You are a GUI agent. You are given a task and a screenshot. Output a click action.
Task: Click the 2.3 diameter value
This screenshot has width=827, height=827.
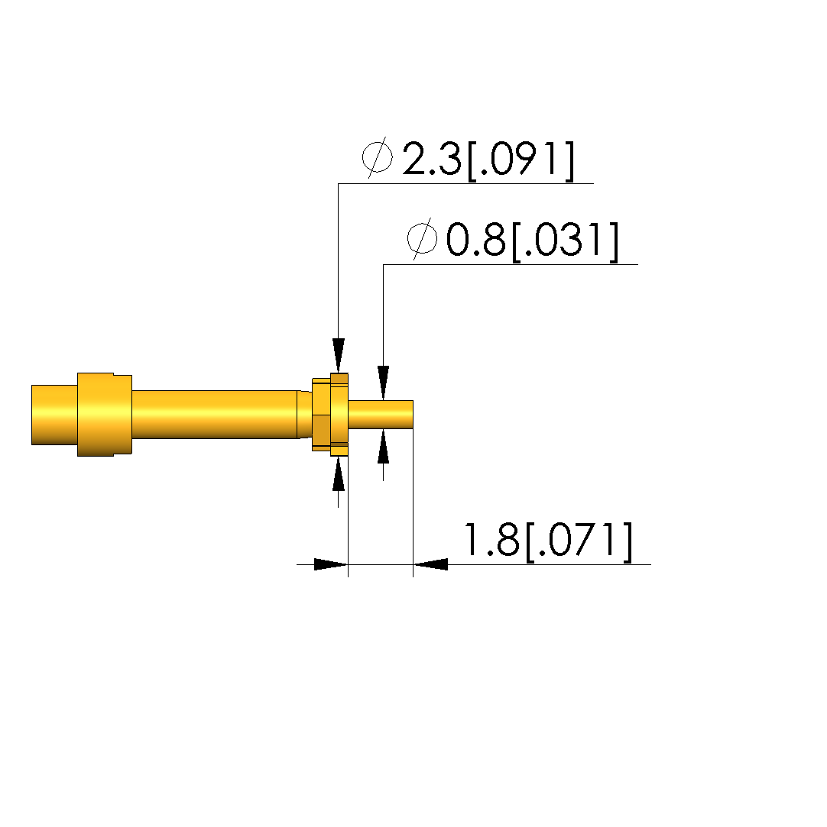pyautogui.click(x=432, y=159)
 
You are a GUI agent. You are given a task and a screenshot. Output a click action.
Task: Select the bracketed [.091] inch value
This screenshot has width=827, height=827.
pyautogui.click(x=520, y=160)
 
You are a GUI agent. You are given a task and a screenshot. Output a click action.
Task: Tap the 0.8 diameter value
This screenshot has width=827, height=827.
pyautogui.click(x=476, y=240)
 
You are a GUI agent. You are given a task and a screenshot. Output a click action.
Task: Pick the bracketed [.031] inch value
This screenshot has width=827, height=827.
pyautogui.click(x=565, y=241)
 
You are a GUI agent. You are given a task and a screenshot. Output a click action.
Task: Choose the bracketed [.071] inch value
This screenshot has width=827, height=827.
pyautogui.click(x=579, y=541)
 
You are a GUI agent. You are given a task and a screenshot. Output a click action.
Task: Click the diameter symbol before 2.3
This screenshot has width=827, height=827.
pyautogui.click(x=378, y=157)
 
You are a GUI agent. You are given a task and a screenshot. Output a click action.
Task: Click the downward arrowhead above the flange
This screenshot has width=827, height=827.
pyautogui.click(x=339, y=356)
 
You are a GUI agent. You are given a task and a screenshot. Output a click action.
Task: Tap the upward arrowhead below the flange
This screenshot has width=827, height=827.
pyautogui.click(x=339, y=473)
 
